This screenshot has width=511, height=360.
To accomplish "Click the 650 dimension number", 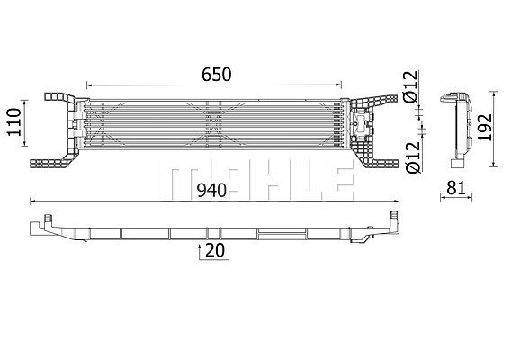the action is click(217, 75).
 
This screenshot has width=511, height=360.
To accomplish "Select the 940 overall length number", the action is click(211, 191).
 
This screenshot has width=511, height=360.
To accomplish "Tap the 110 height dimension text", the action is click(15, 122).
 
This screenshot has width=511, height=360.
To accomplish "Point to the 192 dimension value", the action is click(485, 127).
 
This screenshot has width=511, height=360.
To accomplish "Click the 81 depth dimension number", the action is click(455, 188).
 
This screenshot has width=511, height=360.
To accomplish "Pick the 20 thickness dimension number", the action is click(215, 251).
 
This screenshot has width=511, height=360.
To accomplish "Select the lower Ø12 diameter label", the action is click(413, 157).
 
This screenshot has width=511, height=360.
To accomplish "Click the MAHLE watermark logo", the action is click(257, 179).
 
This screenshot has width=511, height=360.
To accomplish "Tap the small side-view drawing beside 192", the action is click(456, 130).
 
